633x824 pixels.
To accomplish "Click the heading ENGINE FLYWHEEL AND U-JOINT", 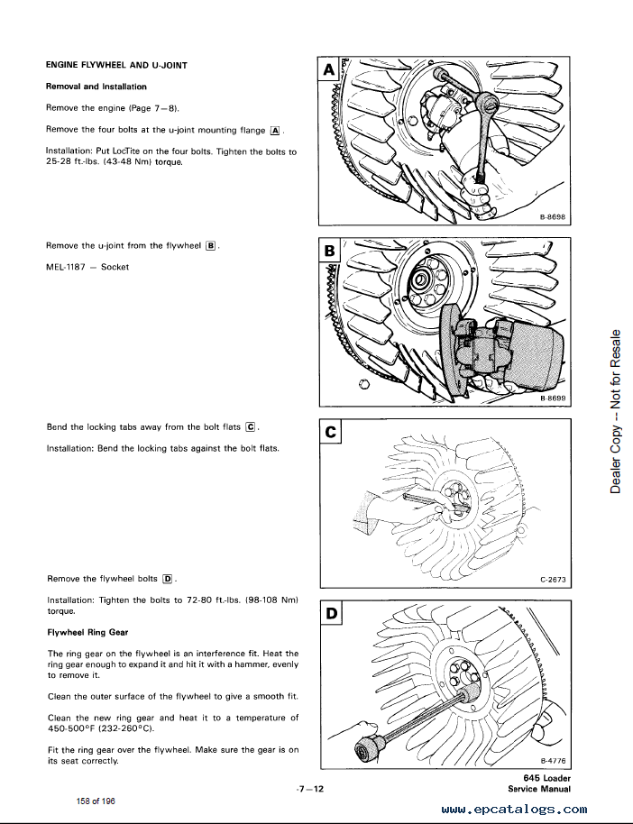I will (116, 65).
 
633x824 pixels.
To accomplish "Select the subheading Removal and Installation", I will (96, 87).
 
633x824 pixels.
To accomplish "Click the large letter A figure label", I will (327, 69).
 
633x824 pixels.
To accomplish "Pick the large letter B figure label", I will (329, 250).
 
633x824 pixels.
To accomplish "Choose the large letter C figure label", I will (330, 433).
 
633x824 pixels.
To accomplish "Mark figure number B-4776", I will (553, 761).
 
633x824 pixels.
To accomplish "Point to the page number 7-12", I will (310, 789).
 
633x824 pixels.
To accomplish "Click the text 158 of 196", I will (95, 801).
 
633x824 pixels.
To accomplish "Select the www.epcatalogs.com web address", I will (515, 810).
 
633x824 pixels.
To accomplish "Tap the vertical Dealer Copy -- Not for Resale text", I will (617, 410).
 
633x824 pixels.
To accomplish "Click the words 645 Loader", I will (546, 779).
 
